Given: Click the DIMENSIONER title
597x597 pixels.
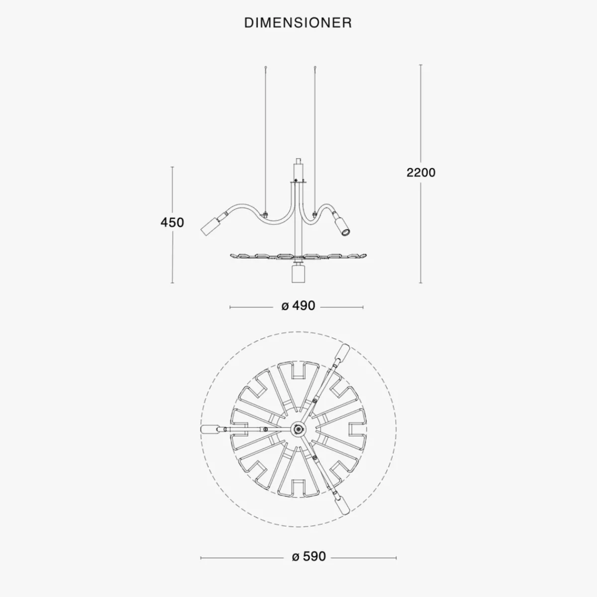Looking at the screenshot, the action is (298, 23).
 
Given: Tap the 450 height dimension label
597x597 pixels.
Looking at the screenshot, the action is (172, 222).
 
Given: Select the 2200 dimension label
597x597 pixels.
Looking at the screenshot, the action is (421, 173).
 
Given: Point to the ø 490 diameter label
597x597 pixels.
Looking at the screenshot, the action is (298, 306).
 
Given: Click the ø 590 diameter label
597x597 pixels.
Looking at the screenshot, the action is (308, 556).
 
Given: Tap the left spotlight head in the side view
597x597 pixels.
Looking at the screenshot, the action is (210, 226).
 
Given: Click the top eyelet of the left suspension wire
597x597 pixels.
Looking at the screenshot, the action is (266, 67).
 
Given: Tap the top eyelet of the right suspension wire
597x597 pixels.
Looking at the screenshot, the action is (315, 67).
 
